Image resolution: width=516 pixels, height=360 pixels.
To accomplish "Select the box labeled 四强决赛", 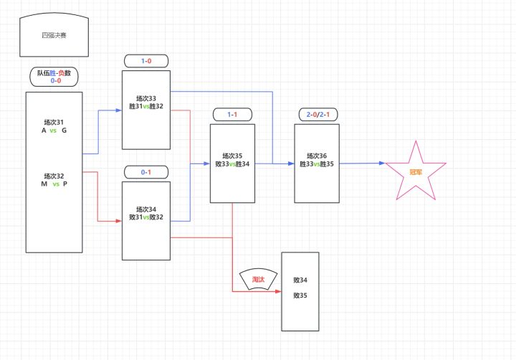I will [x=54, y=35].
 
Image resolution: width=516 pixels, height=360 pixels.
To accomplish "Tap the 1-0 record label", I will [x=146, y=62].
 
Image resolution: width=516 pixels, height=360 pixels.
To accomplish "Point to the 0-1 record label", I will [x=146, y=172].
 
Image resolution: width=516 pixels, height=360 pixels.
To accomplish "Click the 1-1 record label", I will [x=233, y=115].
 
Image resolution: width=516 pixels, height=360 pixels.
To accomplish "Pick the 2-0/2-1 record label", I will [x=317, y=115].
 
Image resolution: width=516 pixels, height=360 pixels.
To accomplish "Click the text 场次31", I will [x=54, y=121].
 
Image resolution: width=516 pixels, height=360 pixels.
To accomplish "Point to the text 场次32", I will [x=54, y=176].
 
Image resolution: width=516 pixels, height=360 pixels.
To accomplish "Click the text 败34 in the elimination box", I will [x=300, y=280].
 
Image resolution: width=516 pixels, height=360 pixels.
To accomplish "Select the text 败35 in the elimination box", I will [x=300, y=295].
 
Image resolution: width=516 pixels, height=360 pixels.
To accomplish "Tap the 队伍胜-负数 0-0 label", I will [x=54, y=77].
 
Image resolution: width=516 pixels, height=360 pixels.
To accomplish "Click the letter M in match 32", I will [x=44, y=185].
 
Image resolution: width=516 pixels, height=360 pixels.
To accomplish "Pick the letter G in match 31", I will [x=64, y=131].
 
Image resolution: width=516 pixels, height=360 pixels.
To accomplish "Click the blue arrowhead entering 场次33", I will [x=119, y=110].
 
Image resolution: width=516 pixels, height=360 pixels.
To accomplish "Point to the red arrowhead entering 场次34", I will [x=119, y=221].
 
